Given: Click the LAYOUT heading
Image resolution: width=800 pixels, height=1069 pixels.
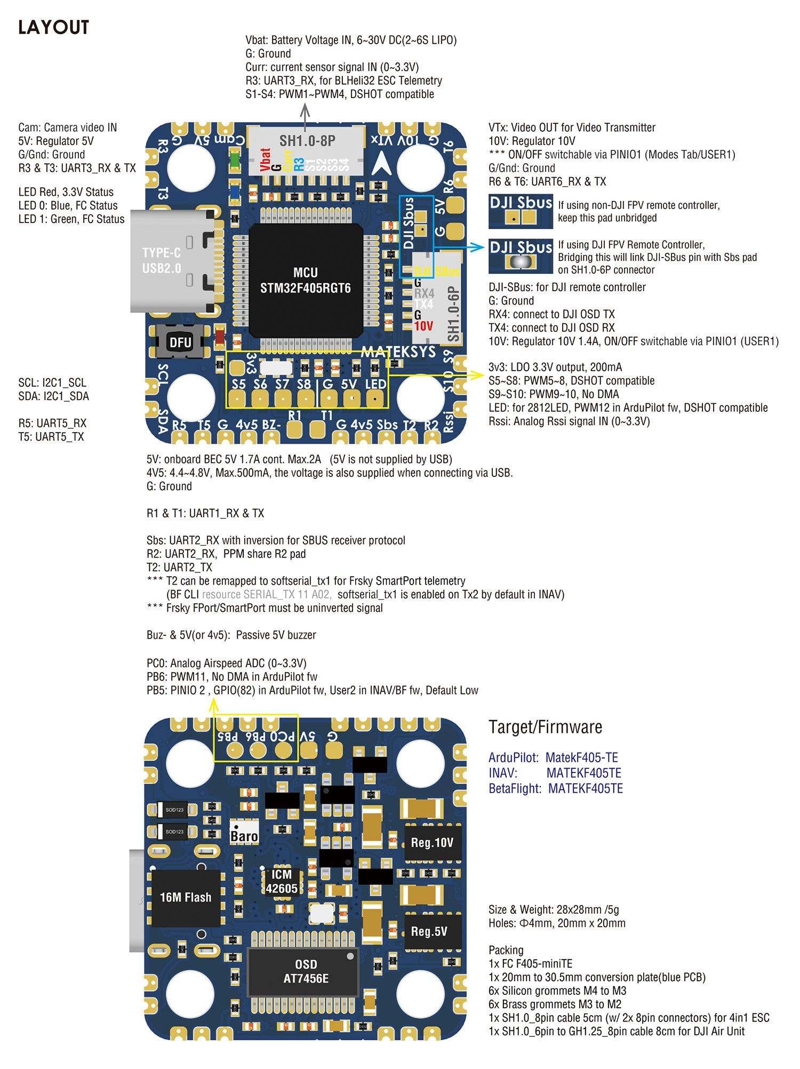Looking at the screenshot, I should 53,27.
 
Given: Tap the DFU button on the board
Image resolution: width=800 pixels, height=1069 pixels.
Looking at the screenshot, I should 180,342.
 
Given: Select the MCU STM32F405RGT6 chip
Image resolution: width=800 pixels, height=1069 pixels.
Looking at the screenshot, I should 306,281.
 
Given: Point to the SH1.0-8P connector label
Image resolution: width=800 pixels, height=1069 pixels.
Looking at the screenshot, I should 307,141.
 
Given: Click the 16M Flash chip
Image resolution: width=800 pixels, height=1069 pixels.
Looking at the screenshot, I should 186,898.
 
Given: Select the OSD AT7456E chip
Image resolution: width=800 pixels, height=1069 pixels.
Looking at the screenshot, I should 306,971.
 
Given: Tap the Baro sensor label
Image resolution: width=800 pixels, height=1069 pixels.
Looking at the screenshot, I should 244,835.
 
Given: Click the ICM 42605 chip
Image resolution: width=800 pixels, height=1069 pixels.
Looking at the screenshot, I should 282,881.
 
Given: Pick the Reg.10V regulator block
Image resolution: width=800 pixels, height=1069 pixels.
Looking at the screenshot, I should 432,842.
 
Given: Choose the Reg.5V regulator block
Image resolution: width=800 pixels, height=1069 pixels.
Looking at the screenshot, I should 429,931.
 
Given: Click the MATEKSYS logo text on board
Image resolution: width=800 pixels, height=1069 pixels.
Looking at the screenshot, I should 398,352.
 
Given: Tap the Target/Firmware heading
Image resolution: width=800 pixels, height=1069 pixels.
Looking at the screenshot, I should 545,727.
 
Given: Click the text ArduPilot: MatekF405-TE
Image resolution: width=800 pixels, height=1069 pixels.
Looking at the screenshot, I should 553,757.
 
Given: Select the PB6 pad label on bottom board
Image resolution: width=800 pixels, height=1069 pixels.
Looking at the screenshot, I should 255,737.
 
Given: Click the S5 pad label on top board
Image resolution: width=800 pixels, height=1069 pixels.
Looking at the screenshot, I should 238,384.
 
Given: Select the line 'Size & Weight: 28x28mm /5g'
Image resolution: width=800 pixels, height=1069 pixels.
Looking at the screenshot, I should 554,910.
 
